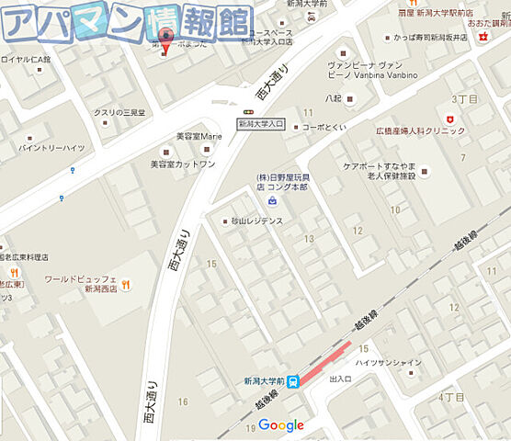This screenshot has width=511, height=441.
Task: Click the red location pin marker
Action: [165, 40]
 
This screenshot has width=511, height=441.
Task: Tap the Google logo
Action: [281, 424]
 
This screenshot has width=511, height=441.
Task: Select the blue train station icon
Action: [292, 381]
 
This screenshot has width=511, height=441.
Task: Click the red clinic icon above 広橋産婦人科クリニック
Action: [449, 119]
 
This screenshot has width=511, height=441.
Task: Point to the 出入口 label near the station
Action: [340, 379]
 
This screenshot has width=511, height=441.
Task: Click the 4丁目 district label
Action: [452, 397]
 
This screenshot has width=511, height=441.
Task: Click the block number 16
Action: [183, 401]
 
